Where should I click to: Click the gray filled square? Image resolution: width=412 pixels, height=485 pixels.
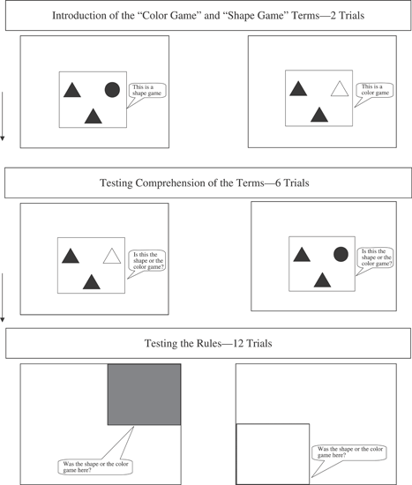pyautogui.click(x=145, y=394)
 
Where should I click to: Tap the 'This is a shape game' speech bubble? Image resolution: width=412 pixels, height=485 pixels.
pyautogui.click(x=147, y=91)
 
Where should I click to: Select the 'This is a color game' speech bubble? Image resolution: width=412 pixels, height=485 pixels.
pyautogui.click(x=375, y=90)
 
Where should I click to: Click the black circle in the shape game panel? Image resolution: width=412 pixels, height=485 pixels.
pyautogui.click(x=112, y=90)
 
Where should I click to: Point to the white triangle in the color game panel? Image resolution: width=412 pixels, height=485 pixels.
pyautogui.click(x=340, y=88)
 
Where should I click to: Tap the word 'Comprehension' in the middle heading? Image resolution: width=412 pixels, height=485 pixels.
pyautogui.click(x=170, y=183)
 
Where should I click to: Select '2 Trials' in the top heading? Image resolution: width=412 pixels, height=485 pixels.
pyautogui.click(x=348, y=16)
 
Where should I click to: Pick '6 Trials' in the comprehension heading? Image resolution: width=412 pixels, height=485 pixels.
pyautogui.click(x=292, y=183)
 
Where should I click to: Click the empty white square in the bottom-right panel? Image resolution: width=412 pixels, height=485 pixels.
pyautogui.click(x=273, y=454)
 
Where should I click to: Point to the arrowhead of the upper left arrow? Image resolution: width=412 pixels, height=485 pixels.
pyautogui.click(x=2, y=138)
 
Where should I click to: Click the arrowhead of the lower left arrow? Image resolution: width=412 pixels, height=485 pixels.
pyautogui.click(x=2, y=319)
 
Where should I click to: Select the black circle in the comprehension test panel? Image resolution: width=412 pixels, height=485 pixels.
pyautogui.click(x=341, y=254)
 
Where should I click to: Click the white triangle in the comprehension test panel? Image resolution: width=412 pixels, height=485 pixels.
pyautogui.click(x=112, y=256)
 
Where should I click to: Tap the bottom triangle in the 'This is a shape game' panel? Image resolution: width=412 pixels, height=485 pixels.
pyautogui.click(x=94, y=116)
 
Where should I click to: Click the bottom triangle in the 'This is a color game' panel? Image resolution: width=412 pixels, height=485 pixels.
pyautogui.click(x=319, y=115)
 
